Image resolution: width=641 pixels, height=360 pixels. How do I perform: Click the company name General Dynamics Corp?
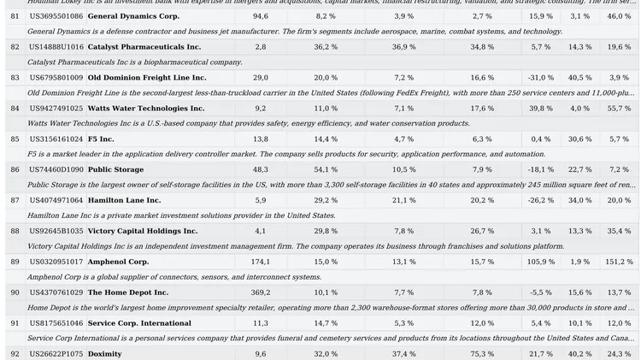click(133, 16)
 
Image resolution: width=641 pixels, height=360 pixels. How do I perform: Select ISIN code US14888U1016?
click(56, 47)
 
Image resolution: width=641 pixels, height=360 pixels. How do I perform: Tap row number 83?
click(15, 78)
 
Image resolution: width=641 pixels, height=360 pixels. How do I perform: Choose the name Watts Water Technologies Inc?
click(146, 109)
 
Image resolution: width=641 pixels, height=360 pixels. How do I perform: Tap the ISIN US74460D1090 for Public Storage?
click(56, 170)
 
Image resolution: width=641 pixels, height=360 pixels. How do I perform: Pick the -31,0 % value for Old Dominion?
click(540, 78)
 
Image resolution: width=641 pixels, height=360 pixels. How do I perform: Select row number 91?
click(15, 323)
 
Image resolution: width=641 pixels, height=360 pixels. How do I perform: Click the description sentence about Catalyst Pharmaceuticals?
click(135, 62)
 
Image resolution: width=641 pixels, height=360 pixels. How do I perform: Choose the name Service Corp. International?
click(139, 323)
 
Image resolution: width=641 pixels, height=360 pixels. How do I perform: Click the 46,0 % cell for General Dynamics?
click(619, 16)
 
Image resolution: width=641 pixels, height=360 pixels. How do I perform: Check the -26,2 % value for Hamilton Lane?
click(540, 200)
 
